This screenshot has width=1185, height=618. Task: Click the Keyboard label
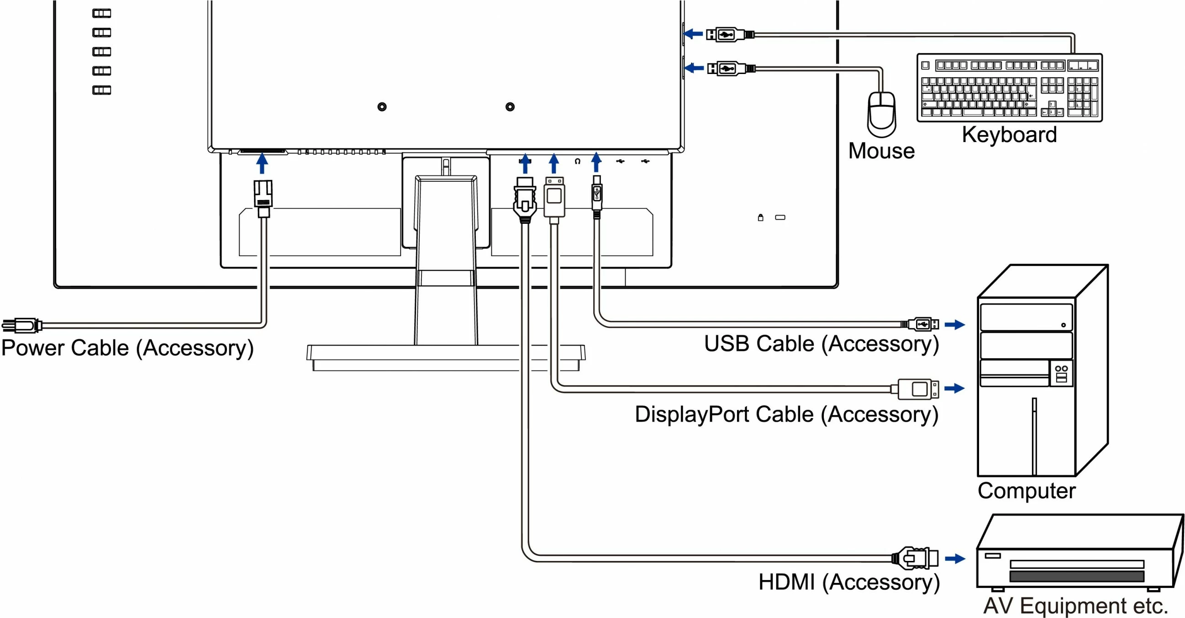(x=1009, y=135)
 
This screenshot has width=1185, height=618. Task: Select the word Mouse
(x=881, y=151)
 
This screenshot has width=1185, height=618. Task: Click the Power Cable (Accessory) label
(x=127, y=348)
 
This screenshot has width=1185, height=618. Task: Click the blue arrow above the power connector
(x=262, y=164)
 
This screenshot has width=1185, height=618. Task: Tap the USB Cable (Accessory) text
(x=821, y=344)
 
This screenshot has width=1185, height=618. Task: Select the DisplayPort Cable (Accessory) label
(x=787, y=414)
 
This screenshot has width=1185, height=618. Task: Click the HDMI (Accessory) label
(x=849, y=581)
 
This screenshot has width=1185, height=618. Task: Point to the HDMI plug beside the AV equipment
(x=916, y=558)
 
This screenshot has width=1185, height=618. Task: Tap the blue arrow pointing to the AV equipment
(x=955, y=559)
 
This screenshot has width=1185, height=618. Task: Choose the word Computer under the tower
(x=1026, y=491)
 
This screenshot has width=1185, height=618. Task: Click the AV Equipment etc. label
(x=1075, y=605)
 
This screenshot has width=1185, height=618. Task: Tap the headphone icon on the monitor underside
(x=577, y=161)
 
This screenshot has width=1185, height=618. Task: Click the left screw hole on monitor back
(x=382, y=107)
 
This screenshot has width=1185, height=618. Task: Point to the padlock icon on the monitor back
(x=760, y=217)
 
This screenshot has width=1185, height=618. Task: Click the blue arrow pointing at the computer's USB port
(x=954, y=324)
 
